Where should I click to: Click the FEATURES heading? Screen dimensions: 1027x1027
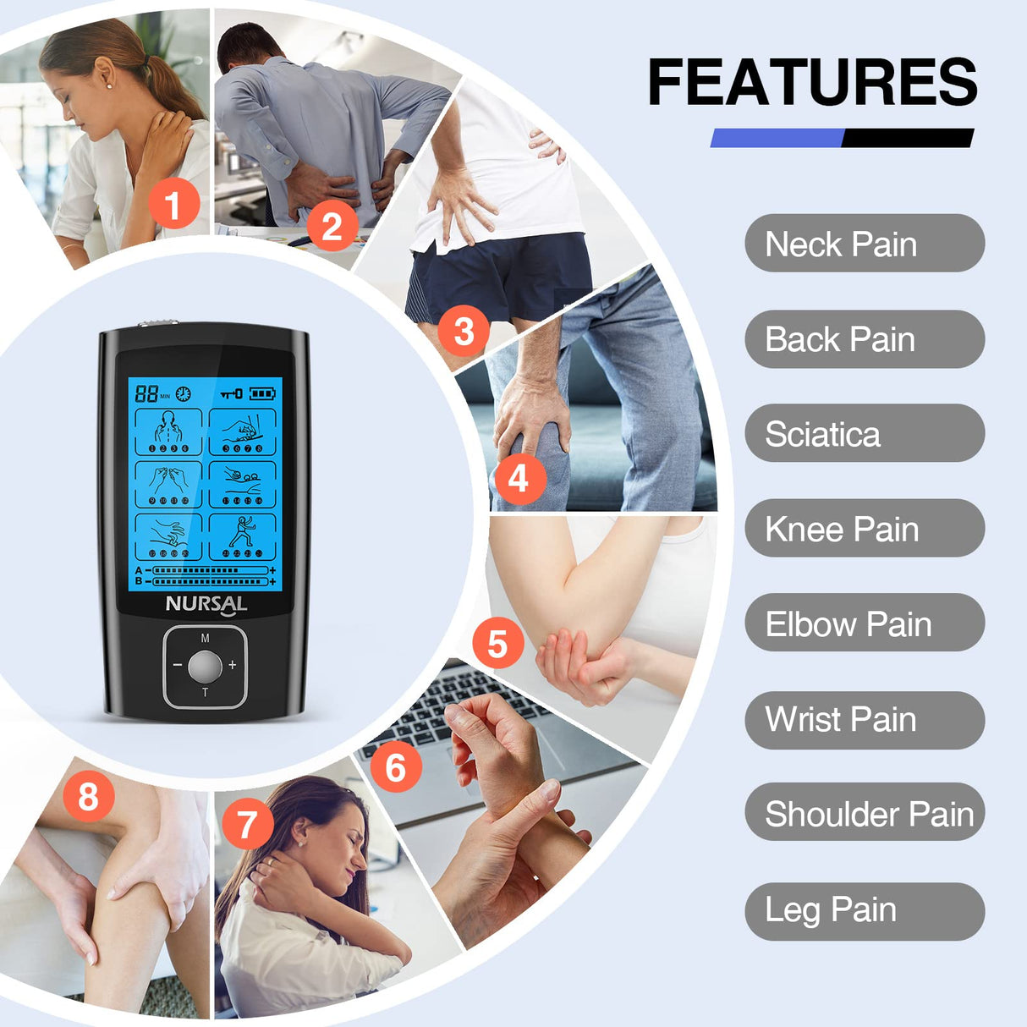pos(812,82)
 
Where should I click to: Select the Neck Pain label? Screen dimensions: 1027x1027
pos(864,244)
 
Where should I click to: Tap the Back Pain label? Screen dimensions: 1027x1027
pos(864,339)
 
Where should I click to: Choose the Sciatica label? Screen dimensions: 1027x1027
pos(864,434)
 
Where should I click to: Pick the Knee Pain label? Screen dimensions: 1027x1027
pos(864,529)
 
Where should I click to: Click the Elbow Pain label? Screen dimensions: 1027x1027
pos(864,623)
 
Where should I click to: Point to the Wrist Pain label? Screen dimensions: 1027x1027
pos(864,719)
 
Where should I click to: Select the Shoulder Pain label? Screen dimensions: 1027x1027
pos(864,813)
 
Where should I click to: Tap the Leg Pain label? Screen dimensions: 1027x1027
pos(864,910)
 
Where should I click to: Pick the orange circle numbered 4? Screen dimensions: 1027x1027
pos(518,479)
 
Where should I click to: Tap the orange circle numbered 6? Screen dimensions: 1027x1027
pos(395,767)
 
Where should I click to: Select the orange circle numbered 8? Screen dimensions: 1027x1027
pos(88,796)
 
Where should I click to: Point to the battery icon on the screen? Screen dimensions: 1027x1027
pos(262,393)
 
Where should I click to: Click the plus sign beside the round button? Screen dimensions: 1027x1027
pos(233,666)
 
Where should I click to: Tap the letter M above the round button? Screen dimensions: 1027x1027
pos(205,638)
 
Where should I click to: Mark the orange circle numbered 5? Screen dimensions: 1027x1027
pos(497,643)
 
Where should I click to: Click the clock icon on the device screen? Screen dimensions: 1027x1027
pos(183,394)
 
